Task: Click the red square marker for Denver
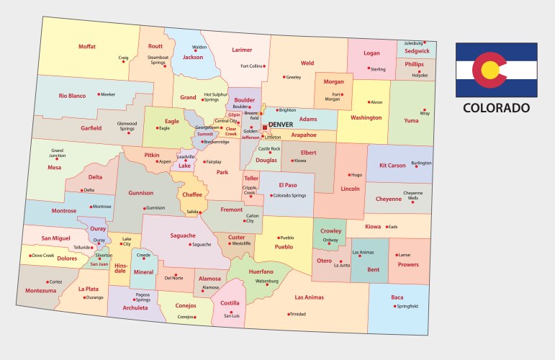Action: (264, 125)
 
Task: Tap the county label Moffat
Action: (87, 47)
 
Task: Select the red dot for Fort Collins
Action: (264, 66)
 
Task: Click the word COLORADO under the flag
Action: (496, 108)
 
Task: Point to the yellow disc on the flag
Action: (490, 70)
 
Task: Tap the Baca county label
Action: (397, 297)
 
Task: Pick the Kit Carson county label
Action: (392, 166)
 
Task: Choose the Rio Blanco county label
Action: (72, 96)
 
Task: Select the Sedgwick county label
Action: (417, 51)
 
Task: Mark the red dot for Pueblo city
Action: (276, 238)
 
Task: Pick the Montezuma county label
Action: (40, 291)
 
